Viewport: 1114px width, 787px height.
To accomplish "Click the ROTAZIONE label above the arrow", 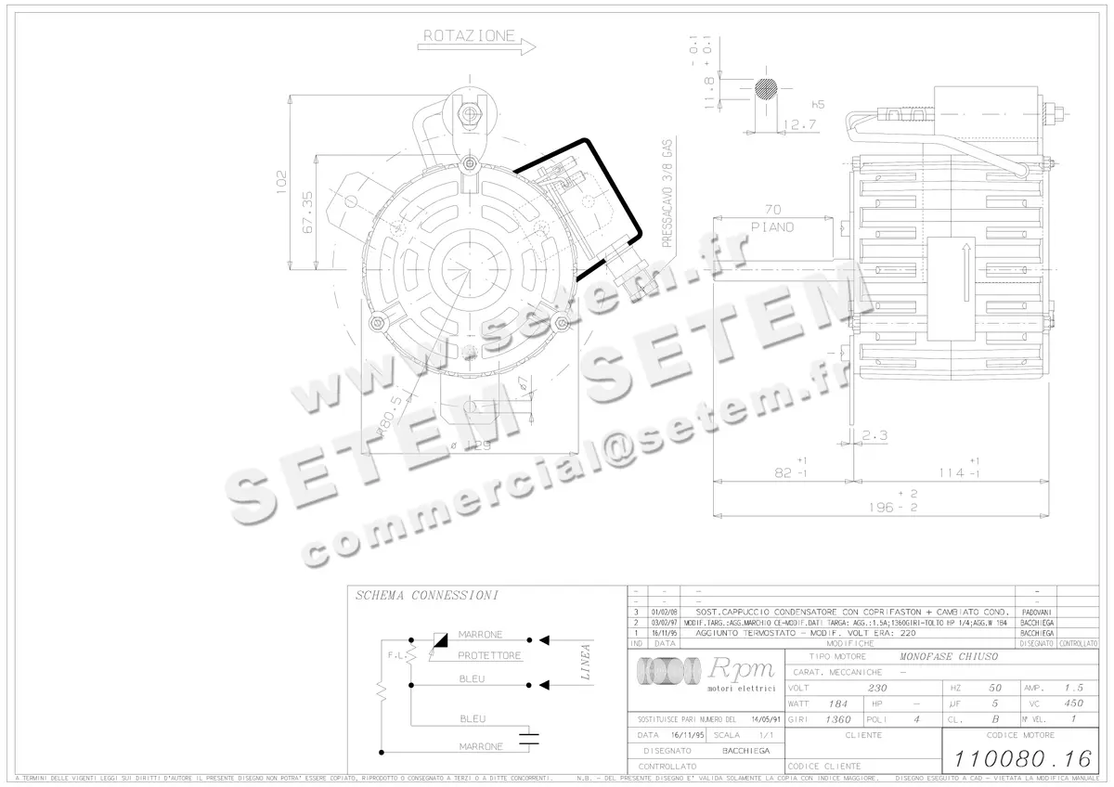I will [x=469, y=36].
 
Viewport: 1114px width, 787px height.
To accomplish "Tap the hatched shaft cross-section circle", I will [x=767, y=90].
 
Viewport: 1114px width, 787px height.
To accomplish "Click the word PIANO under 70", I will [x=771, y=227].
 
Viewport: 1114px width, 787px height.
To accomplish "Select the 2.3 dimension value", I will [x=874, y=435].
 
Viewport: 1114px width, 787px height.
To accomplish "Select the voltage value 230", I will [x=876, y=689].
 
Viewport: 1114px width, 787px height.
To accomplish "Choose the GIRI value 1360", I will [x=837, y=719].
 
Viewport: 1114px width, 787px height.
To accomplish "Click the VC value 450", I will [x=1072, y=703].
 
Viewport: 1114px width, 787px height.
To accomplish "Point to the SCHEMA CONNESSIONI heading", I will [x=426, y=595].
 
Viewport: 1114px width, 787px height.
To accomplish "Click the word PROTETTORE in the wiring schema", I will [x=489, y=655].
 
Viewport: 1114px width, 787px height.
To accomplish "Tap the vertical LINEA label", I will [x=585, y=663].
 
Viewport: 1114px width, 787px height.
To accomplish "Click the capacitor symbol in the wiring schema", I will [x=529, y=740].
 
